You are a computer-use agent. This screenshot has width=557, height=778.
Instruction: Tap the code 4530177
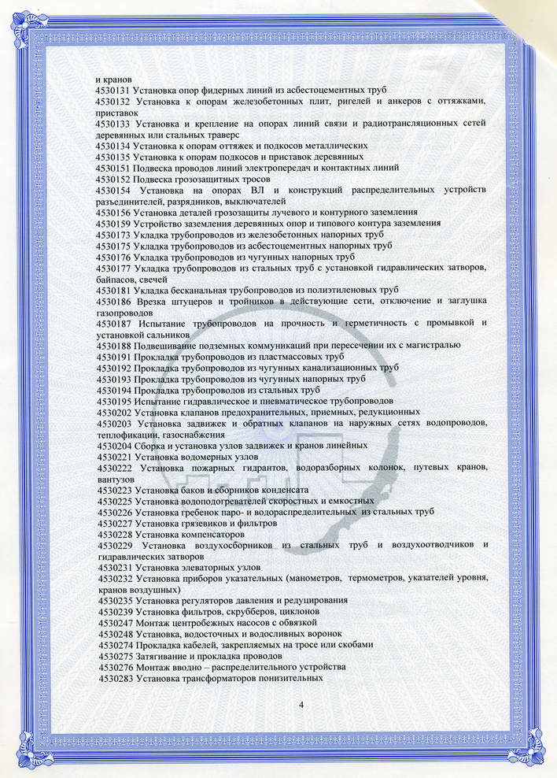pos(116,268)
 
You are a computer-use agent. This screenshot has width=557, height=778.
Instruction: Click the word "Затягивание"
pos(163,655)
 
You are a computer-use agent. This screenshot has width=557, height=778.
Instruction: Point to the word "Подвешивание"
pos(168,346)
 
